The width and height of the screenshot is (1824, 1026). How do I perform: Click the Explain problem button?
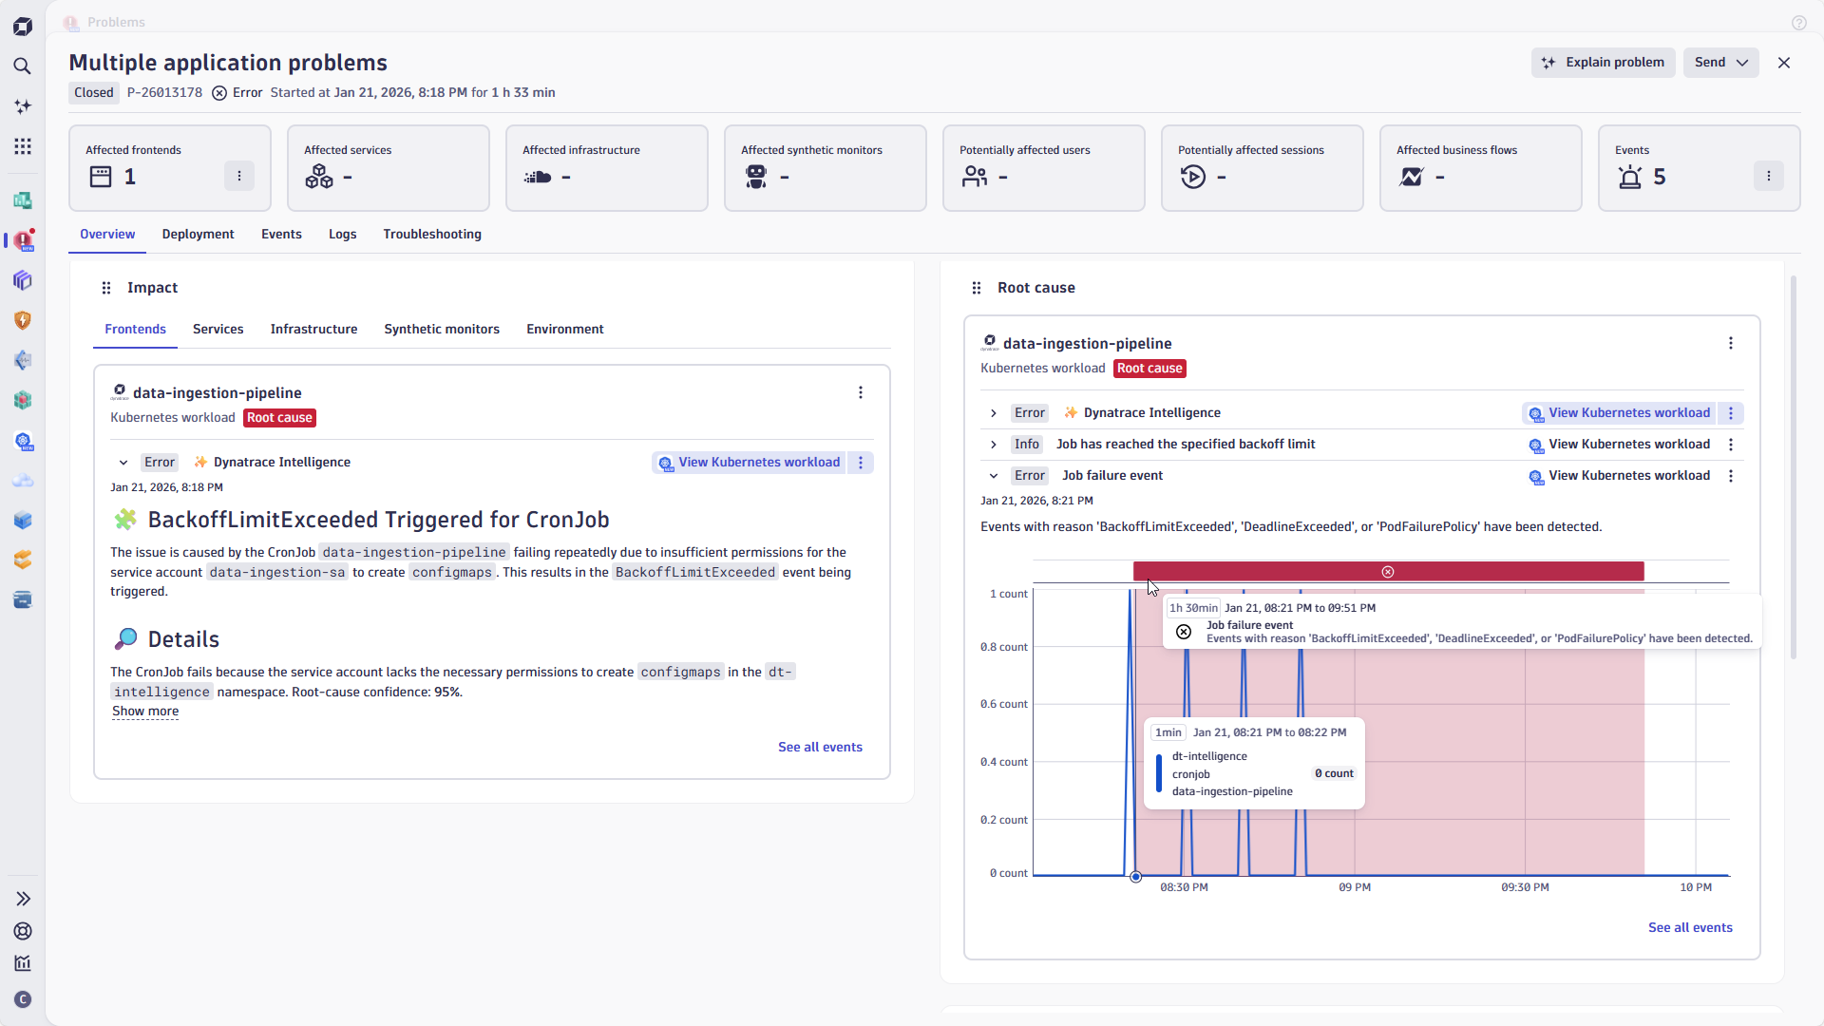1603,63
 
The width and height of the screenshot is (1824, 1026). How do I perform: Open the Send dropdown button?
1720,63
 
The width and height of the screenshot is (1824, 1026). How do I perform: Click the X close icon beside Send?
1784,63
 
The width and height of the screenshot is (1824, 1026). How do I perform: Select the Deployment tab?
198,235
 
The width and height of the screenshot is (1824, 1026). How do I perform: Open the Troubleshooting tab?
432,235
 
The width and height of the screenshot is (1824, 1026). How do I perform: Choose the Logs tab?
342,235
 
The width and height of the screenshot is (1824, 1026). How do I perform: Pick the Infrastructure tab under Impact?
313,330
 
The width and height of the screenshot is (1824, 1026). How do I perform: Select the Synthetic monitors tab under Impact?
442,330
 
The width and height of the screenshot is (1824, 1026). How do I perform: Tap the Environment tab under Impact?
564,330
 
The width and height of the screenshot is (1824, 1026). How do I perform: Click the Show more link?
145,712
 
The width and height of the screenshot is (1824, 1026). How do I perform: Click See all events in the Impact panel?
820,748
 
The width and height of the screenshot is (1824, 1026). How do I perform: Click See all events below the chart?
1690,928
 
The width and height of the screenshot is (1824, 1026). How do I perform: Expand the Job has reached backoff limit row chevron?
994,445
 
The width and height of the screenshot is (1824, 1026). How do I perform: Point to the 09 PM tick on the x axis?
1355,887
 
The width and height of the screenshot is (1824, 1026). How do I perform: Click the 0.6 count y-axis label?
1004,704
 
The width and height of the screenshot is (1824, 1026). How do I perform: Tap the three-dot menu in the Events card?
1768,176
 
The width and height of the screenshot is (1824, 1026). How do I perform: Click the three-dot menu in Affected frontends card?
239,176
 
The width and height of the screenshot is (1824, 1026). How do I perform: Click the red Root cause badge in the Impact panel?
279,418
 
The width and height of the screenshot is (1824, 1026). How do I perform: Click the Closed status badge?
94,93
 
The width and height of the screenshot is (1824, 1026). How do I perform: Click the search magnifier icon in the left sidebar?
23,66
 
